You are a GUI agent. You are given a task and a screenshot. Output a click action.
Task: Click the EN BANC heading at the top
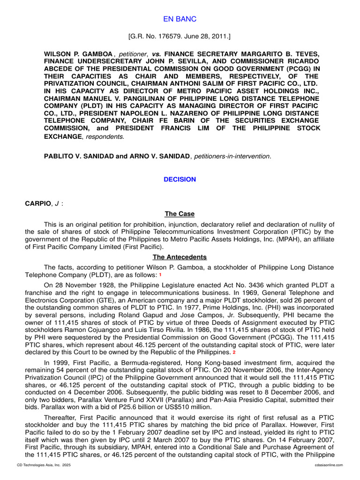(x=180, y=19)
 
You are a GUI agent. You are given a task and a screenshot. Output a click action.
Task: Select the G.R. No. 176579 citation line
(x=180, y=36)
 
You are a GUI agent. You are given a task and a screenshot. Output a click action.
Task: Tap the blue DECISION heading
(x=180, y=180)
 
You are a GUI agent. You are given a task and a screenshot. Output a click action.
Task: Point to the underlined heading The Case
(x=180, y=214)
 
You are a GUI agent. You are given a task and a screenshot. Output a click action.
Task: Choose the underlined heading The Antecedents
(x=180, y=257)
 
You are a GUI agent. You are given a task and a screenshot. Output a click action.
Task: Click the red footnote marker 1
(x=160, y=275)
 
